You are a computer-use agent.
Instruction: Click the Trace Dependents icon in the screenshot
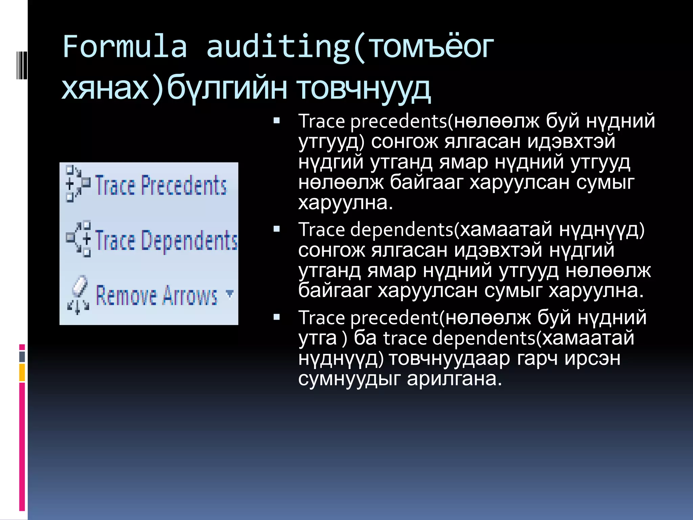click(x=79, y=239)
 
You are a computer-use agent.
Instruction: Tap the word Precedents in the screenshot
click(x=184, y=186)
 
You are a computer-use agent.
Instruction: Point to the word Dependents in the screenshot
click(x=189, y=241)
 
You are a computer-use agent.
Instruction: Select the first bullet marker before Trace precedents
click(x=277, y=121)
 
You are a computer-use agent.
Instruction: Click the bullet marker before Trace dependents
click(x=277, y=229)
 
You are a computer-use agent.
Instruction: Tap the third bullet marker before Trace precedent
click(x=277, y=317)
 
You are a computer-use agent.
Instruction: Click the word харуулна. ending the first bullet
click(x=345, y=203)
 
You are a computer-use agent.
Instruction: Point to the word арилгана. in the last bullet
click(x=454, y=379)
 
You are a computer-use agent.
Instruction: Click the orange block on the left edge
click(x=22, y=372)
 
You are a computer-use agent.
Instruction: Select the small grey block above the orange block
click(x=22, y=356)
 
